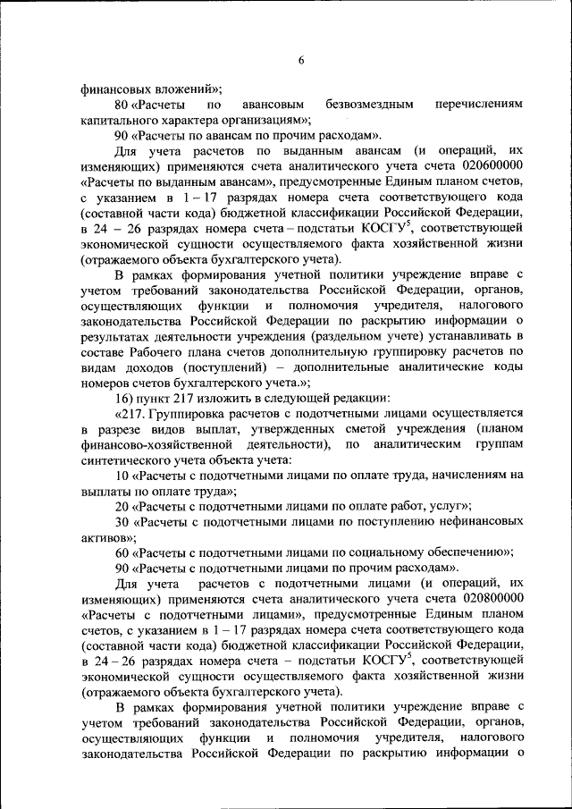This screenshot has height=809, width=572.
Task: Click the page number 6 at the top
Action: pyautogui.click(x=301, y=59)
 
